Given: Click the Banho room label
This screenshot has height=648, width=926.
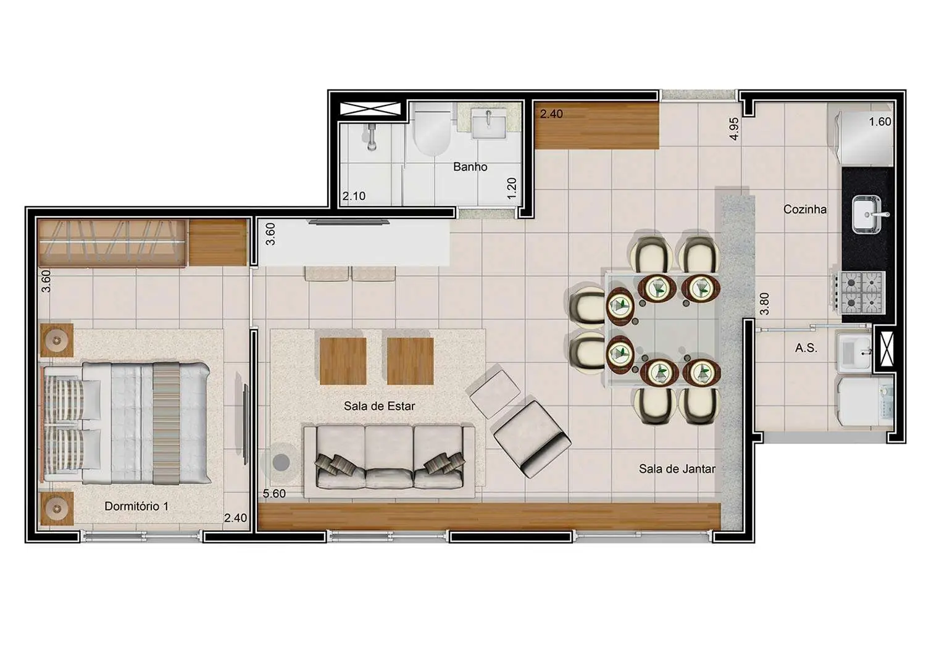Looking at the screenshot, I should pos(470,167).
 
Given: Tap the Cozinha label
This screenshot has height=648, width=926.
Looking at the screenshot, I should pos(804,209).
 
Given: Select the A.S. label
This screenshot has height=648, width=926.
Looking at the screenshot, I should pos(806,348).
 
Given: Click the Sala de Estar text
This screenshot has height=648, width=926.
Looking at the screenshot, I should pos(379,406).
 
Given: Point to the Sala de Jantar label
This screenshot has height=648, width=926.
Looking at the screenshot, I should pos(677,469).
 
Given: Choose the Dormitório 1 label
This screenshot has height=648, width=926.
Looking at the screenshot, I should pos(136,506).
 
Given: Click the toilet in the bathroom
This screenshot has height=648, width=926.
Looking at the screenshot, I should pos(432,131).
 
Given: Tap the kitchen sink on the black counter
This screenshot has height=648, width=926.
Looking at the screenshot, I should pos(867,214).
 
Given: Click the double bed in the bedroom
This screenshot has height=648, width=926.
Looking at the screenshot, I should pos(127,422).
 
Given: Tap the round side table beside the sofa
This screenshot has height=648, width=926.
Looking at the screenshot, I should pos(282,462).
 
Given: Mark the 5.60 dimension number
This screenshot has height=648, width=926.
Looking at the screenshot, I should pos(274,494).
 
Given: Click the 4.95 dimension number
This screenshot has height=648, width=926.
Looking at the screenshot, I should pos(734,128).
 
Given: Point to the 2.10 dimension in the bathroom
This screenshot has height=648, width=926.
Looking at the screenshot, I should pos(354,196).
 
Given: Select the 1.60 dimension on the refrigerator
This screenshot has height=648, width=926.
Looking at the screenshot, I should pos(880,122).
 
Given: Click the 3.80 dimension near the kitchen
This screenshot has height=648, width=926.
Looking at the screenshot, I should pos(764,304).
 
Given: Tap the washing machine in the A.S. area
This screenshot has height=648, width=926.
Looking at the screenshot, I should pos(865,401).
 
